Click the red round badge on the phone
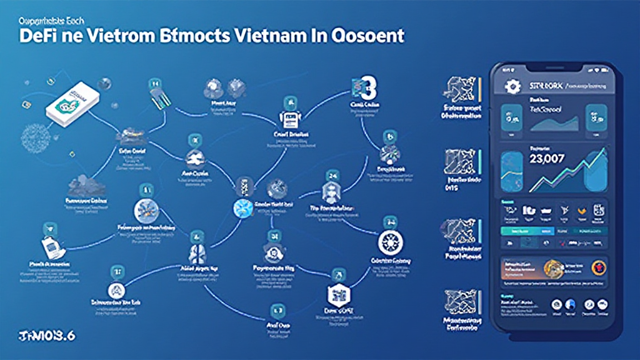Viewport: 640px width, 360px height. (x=594, y=267)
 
